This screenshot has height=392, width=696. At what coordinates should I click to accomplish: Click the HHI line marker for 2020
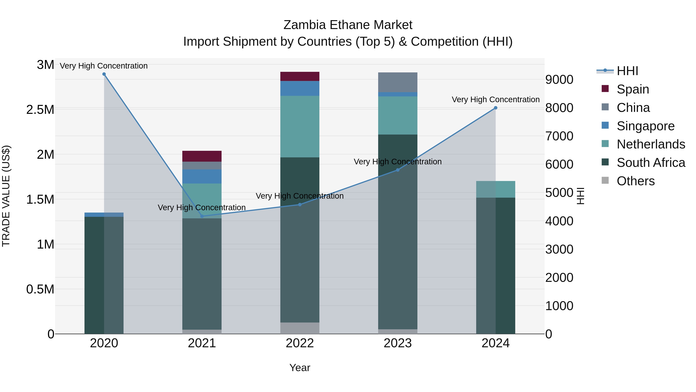(104, 74)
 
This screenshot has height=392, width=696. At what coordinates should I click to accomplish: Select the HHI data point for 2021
(202, 216)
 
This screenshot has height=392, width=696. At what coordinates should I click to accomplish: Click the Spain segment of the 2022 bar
(300, 76)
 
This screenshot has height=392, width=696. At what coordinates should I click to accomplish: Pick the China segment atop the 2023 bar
(397, 82)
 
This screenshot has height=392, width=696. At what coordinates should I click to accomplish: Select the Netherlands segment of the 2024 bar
(496, 189)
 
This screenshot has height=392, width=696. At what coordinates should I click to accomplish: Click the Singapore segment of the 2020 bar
(104, 214)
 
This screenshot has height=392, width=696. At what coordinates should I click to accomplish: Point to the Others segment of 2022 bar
(300, 328)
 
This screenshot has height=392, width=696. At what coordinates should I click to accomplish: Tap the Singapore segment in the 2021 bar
(202, 176)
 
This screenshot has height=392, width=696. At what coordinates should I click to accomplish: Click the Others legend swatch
(605, 180)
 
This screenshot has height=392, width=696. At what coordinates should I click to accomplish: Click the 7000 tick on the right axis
(559, 136)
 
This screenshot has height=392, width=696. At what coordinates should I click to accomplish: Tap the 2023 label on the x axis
(397, 343)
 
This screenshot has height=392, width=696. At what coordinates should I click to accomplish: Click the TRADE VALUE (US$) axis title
(6, 196)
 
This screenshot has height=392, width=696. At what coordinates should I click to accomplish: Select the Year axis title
(300, 368)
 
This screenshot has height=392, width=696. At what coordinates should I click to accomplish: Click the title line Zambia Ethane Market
(348, 25)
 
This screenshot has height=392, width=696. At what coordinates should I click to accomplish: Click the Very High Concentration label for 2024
(496, 100)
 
